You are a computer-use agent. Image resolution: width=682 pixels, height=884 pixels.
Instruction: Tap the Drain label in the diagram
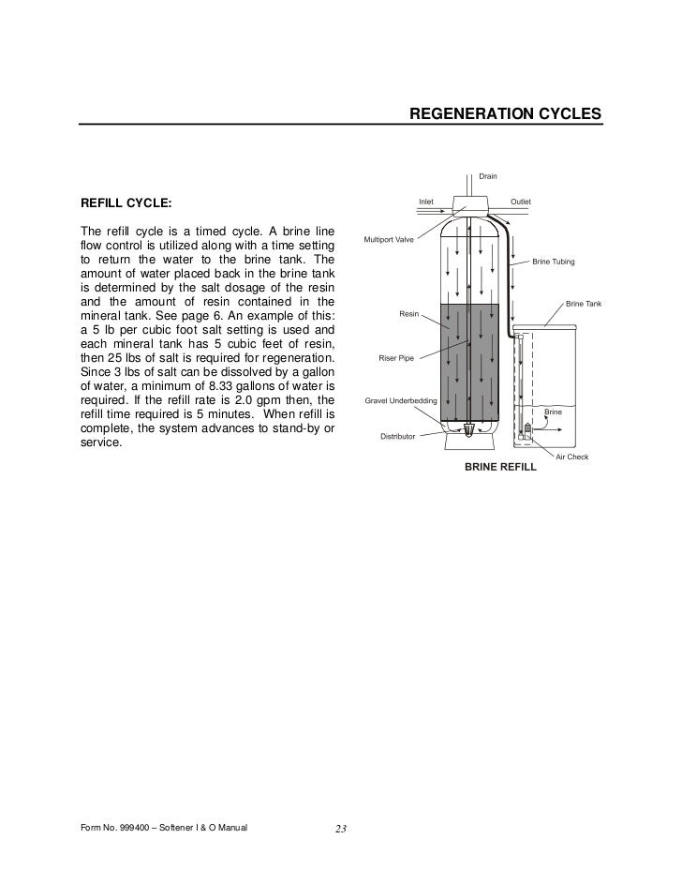coord(488,175)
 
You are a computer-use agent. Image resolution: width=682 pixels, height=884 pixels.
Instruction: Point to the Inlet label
coord(425,201)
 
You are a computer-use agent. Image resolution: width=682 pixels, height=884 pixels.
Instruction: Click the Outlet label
coord(520,201)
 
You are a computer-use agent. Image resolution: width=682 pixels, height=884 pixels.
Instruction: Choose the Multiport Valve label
coord(389,240)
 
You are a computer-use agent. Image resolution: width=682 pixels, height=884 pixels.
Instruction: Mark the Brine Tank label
coord(583,304)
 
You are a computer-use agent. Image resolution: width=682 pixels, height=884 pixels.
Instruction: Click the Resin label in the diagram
coord(409,314)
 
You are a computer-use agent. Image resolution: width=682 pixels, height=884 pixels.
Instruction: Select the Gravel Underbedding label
coord(399,401)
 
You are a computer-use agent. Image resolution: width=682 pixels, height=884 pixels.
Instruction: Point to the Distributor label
coord(398,436)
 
